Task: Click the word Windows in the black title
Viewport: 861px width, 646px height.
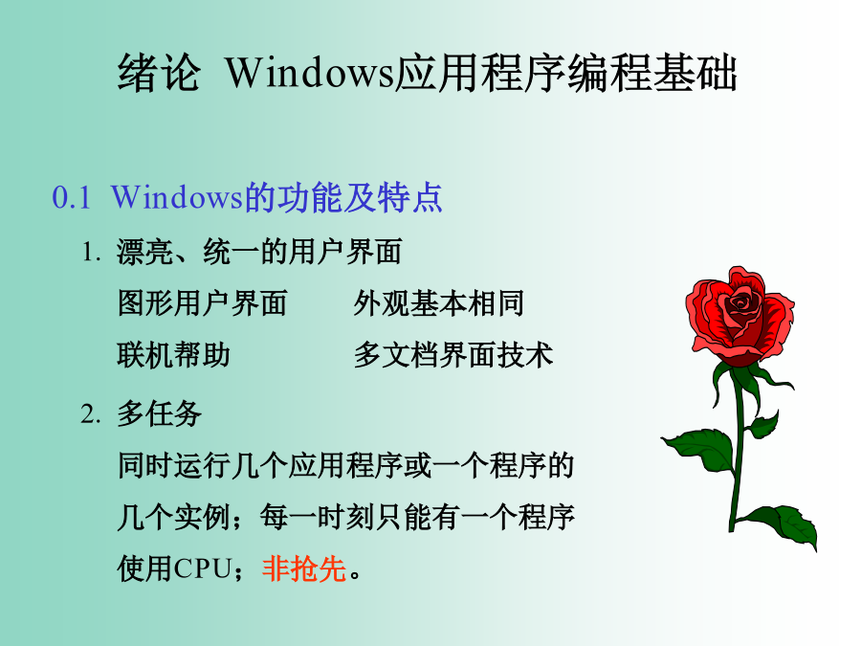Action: [309, 73]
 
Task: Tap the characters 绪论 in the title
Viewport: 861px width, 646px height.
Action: [158, 73]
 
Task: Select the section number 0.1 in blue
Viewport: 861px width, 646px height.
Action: [72, 198]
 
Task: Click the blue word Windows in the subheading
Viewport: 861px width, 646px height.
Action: [176, 198]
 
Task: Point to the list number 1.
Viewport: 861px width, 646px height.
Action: [91, 253]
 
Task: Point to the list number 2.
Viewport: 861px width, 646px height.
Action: [91, 413]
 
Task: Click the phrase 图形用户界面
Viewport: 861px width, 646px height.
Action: [202, 303]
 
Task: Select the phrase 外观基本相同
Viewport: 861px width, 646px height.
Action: [438, 303]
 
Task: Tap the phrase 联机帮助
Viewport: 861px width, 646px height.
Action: [173, 355]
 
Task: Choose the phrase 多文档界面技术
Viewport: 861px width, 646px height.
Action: [453, 355]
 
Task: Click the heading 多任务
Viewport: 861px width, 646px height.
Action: [159, 413]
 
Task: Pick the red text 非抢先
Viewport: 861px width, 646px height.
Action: [303, 568]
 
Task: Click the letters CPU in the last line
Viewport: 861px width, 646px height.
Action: [202, 568]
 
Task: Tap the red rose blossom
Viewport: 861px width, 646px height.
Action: [740, 316]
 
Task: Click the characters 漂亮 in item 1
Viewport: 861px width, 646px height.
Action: [145, 252]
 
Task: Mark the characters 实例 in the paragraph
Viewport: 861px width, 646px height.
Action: [202, 517]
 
